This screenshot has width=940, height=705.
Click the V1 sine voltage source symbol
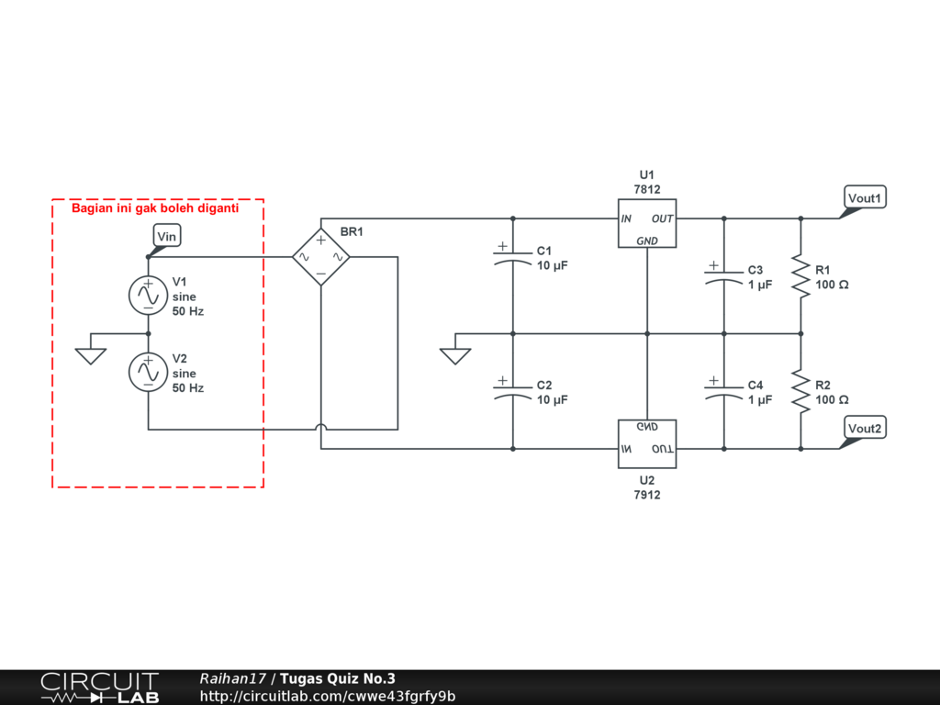click(148, 295)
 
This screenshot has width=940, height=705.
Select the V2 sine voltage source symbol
click(148, 372)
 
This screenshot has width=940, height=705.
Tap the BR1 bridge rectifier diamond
click(321, 257)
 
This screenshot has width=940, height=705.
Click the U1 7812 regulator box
click(647, 223)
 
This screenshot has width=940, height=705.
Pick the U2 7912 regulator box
click(647, 443)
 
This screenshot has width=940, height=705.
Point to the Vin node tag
click(166, 236)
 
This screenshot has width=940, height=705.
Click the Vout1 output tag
click(865, 198)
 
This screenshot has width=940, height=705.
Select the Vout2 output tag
click(865, 428)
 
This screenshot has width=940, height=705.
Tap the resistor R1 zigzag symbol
click(800, 275)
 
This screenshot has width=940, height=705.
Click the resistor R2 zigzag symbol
click(800, 391)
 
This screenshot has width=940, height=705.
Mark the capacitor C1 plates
click(512, 258)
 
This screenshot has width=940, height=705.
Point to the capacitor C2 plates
click(512, 392)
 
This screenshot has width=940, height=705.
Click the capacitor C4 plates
click(723, 392)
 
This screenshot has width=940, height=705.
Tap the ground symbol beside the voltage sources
click(91, 356)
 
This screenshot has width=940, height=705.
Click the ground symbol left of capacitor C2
click(455, 356)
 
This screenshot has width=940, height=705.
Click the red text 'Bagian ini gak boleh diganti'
click(155, 208)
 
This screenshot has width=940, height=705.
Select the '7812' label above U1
click(647, 189)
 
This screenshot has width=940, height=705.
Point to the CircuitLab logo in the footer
click(99, 688)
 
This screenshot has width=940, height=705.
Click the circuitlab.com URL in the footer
click(328, 696)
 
